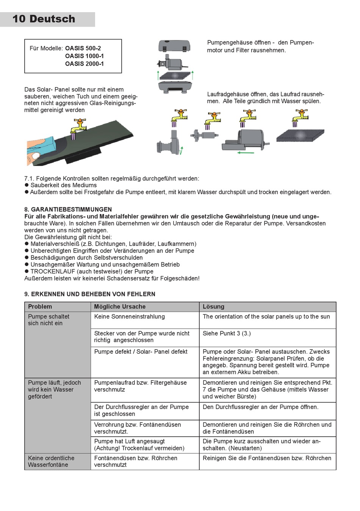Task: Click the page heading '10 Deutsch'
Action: pos(44,19)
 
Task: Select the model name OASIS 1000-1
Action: pos(84,56)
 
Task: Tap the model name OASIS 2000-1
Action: pos(84,64)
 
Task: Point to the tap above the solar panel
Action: pos(78,128)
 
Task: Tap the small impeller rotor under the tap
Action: pos(205,135)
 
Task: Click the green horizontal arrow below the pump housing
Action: pos(246,153)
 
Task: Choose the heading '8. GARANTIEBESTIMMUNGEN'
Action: pos(68,209)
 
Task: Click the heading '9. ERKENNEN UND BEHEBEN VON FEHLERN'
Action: pos(90,294)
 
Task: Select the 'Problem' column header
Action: pos(40,307)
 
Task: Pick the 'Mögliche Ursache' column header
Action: pos(120,307)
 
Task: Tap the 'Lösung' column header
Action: pos(213,307)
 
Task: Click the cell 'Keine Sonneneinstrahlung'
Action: pos(129,317)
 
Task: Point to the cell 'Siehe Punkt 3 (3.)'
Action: pos(227,334)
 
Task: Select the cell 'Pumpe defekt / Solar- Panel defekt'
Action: pos(141,352)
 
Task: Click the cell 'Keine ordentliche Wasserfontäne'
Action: pos(51,461)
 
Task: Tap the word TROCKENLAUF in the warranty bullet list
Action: pos(53,271)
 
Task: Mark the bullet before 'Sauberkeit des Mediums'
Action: pos(27,185)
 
